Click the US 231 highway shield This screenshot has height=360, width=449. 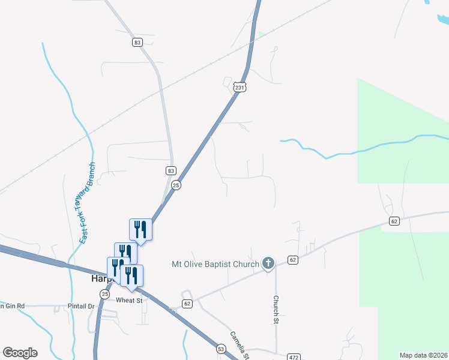(x=240, y=88)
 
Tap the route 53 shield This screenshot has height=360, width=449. (x=221, y=349)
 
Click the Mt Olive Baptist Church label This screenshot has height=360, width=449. (x=215, y=263)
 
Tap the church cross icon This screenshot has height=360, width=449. (x=268, y=263)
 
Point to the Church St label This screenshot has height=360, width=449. (x=276, y=307)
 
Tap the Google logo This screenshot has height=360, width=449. (x=20, y=353)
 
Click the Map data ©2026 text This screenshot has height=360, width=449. (x=423, y=355)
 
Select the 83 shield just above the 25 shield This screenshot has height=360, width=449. (x=171, y=170)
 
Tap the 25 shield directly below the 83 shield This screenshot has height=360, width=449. (x=176, y=185)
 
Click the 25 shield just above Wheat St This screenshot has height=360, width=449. (x=105, y=294)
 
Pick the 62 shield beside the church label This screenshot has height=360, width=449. (x=292, y=260)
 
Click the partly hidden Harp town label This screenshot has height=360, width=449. (x=100, y=279)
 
